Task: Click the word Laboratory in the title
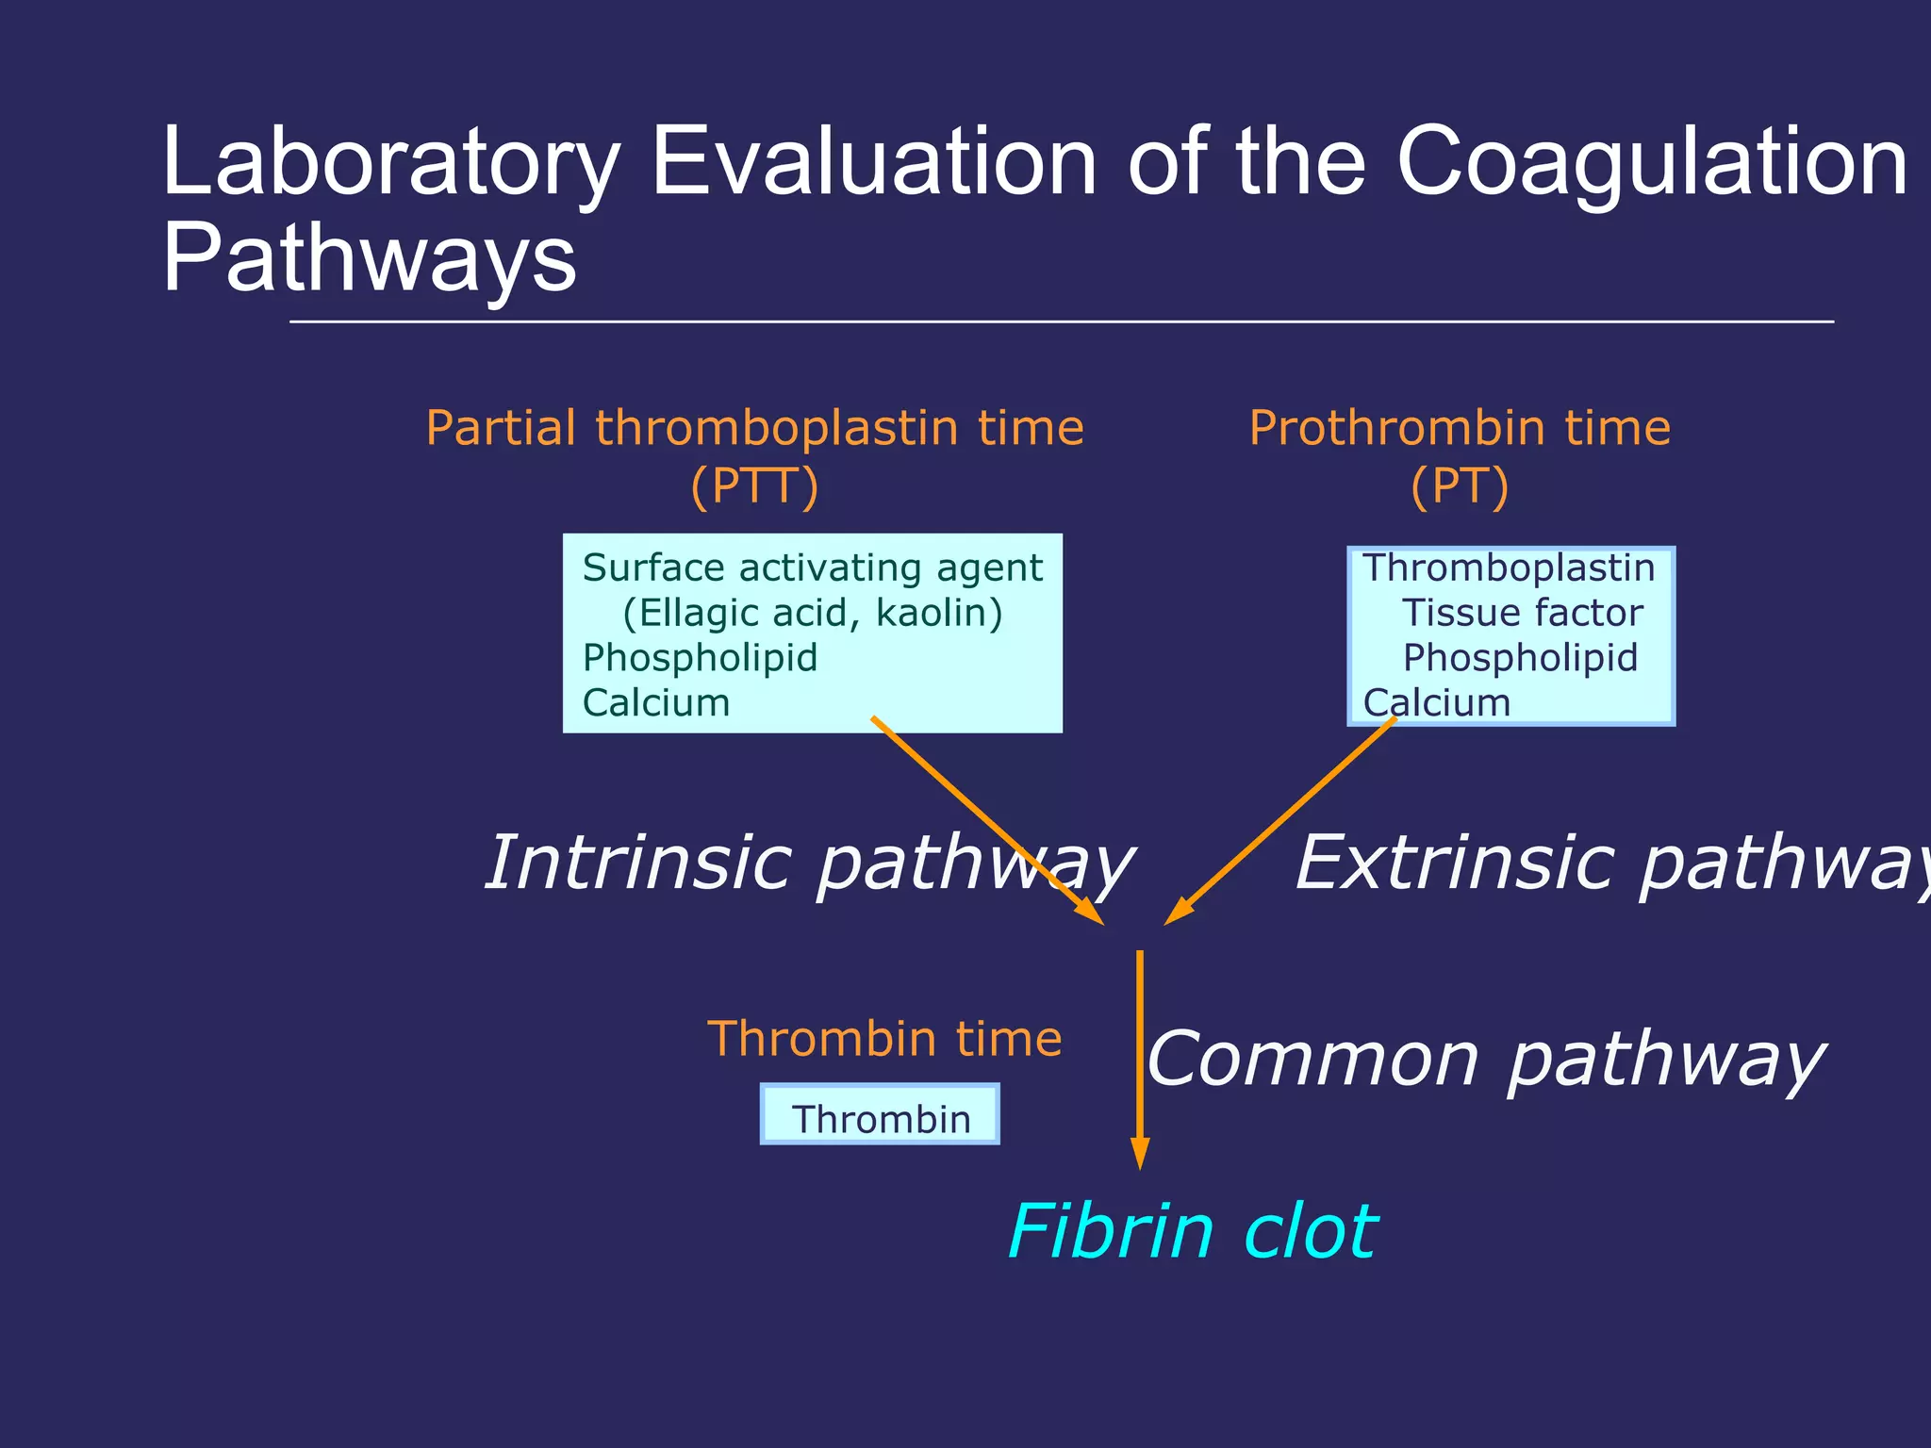click(391, 162)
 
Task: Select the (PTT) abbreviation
click(754, 486)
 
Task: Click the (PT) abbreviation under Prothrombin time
click(1460, 486)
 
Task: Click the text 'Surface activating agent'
click(812, 568)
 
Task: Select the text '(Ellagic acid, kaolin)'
click(812, 613)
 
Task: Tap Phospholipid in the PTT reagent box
click(700, 658)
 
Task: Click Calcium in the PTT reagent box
click(656, 703)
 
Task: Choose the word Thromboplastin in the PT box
click(1509, 568)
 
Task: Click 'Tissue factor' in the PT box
click(1522, 613)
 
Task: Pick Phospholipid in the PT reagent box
click(1520, 658)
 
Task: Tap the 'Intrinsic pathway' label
click(808, 863)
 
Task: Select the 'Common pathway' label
click(1486, 1060)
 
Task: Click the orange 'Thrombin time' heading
click(884, 1039)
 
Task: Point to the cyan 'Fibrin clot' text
click(1192, 1231)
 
